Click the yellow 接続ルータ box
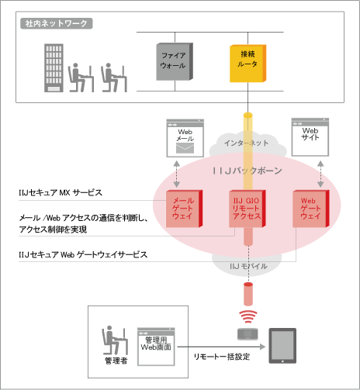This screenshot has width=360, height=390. pyautogui.click(x=247, y=63)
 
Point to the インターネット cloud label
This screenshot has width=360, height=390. pyautogui.click(x=247, y=143)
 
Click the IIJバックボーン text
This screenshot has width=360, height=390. pyautogui.click(x=247, y=169)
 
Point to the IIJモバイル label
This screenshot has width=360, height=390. pyautogui.click(x=247, y=266)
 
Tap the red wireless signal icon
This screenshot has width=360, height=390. pyautogui.click(x=247, y=316)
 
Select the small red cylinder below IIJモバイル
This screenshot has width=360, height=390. pyautogui.click(x=247, y=294)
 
